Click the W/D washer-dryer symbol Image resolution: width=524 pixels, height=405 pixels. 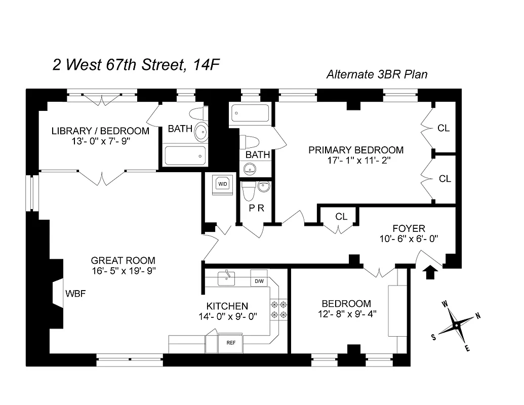pyautogui.click(x=222, y=184)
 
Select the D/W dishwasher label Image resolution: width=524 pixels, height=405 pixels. pyautogui.click(x=259, y=281)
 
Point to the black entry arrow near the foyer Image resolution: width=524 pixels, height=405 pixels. pyautogui.click(x=430, y=273)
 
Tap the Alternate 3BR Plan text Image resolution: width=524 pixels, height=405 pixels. pyautogui.click(x=377, y=74)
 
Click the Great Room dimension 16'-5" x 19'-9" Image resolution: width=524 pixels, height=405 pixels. pyautogui.click(x=123, y=270)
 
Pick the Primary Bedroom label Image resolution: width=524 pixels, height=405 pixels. pyautogui.click(x=356, y=150)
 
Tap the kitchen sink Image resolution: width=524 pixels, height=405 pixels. pyautogui.click(x=227, y=277)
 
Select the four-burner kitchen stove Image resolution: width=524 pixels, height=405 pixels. pyautogui.click(x=279, y=309)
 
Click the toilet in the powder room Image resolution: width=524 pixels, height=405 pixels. pyautogui.click(x=248, y=191)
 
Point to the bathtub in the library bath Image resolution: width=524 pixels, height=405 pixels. pyautogui.click(x=185, y=155)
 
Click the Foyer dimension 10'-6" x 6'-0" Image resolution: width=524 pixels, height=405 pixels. pyautogui.click(x=408, y=238)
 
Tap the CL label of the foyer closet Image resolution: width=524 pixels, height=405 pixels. pyautogui.click(x=341, y=217)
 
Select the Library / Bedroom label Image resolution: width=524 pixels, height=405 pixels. pyautogui.click(x=100, y=131)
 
